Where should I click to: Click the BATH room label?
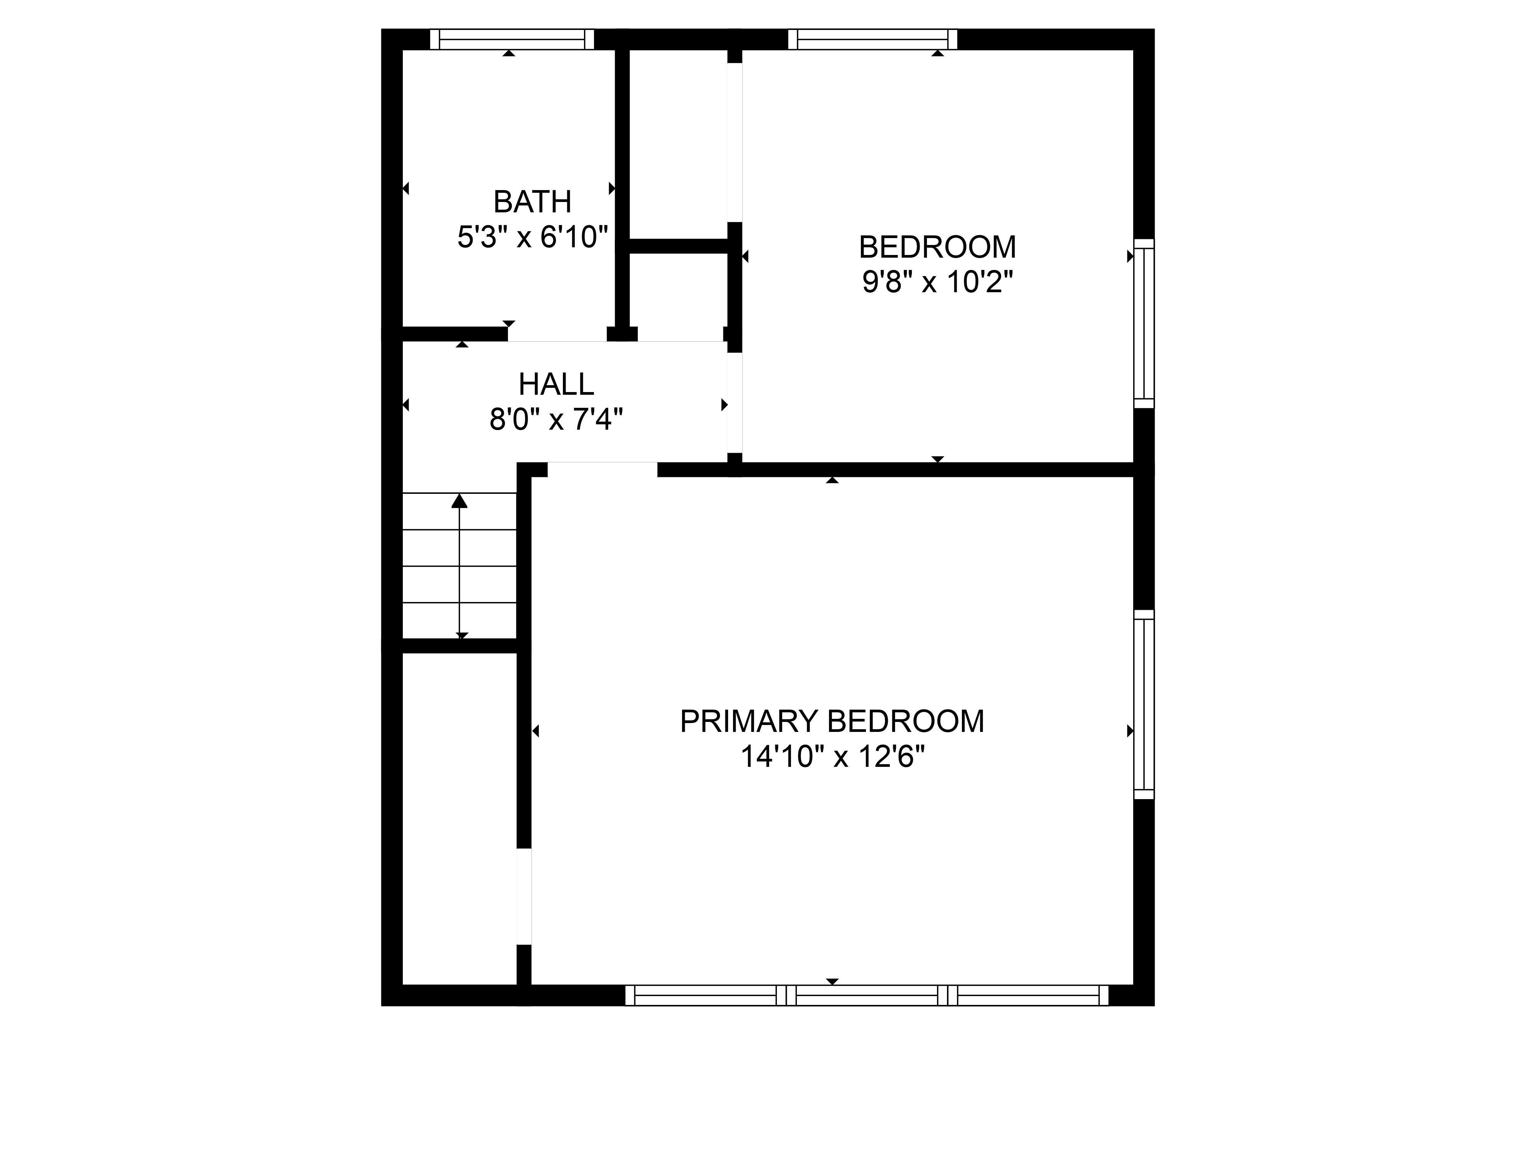tap(533, 202)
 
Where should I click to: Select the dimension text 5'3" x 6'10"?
tap(533, 237)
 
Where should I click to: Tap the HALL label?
tap(556, 384)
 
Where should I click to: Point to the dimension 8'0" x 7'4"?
tap(556, 419)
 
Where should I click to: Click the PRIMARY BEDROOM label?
tap(832, 722)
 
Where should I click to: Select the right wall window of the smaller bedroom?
tap(1144, 324)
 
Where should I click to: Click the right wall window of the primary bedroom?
tap(1144, 704)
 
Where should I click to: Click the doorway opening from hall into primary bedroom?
tap(602, 469)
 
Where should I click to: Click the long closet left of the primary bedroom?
tap(459, 819)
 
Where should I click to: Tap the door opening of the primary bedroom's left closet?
tap(523, 897)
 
